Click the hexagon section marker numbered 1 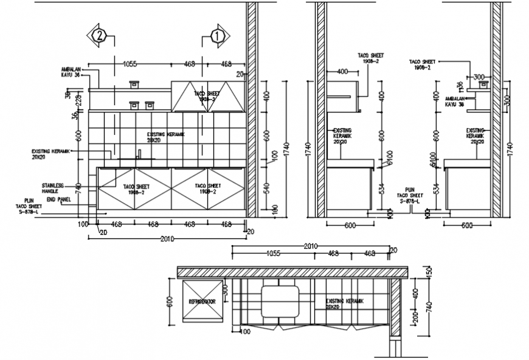(x=217, y=36)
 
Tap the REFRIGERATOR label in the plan (x=201, y=301)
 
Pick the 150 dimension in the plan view (x=427, y=271)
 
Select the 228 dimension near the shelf (x=78, y=100)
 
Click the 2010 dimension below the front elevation (x=168, y=239)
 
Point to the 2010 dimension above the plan (x=311, y=246)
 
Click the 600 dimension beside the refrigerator (x=170, y=302)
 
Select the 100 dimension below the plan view (x=246, y=332)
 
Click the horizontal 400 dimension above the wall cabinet (x=342, y=72)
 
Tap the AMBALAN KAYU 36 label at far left (x=71, y=72)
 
